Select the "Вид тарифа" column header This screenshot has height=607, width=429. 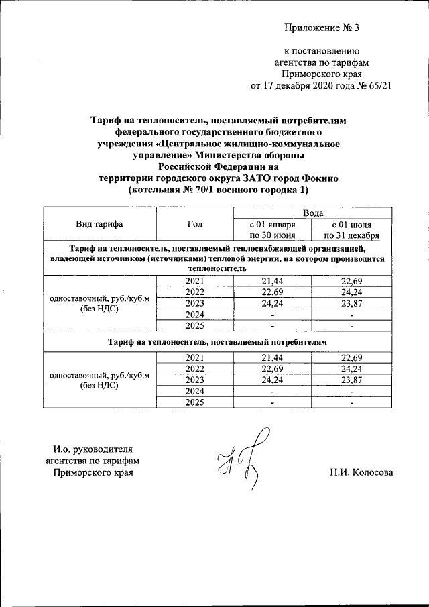point(99,224)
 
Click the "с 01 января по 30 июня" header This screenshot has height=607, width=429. point(273,230)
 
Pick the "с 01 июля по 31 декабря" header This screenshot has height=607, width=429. point(352,230)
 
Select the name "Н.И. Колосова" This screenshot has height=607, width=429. point(361,472)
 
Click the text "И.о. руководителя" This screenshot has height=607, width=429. point(93,449)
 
